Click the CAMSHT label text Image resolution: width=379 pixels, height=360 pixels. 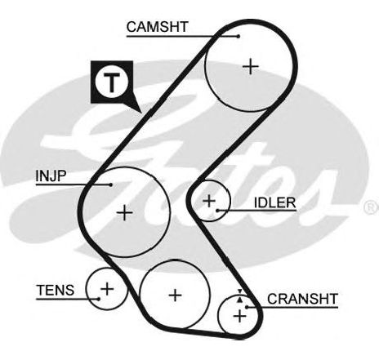coord(158,27)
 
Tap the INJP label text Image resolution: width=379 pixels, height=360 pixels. coord(51,176)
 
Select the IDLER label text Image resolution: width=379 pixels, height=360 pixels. coord(274,202)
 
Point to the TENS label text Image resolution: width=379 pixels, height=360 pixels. coord(56,290)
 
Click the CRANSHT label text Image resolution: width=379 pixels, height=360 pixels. coord(302,299)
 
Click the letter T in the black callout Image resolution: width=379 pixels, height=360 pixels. coord(112,82)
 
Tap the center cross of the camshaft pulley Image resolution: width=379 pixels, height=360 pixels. coord(251,67)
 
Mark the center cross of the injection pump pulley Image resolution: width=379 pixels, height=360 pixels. coord(124,212)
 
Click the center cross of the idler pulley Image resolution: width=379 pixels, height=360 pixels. coord(209,201)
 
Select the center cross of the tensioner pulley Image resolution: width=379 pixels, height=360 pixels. coord(107,289)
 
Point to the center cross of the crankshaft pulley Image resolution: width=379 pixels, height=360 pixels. coord(239,316)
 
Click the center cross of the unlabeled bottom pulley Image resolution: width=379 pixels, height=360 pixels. coord(175,296)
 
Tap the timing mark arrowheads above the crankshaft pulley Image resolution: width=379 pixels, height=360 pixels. coord(239,296)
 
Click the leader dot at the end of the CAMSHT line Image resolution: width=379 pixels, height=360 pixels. coord(239,36)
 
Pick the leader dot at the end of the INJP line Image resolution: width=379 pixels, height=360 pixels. coord(110,184)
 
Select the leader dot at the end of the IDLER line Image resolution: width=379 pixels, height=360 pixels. coord(217,211)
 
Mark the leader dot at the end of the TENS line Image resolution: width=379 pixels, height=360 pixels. coord(99,299)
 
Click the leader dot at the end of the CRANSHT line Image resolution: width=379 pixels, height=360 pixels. coord(247,307)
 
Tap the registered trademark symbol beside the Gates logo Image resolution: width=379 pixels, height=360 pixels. coord(371,207)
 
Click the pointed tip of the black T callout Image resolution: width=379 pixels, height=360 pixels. coord(141,112)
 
